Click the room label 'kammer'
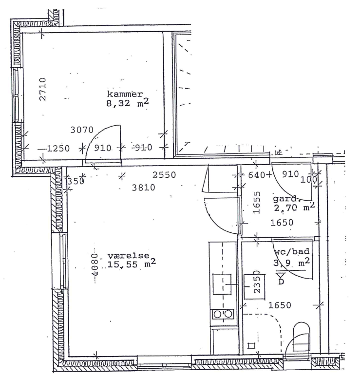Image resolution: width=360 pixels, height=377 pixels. point(125,94)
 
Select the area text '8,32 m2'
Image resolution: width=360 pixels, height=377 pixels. point(128,103)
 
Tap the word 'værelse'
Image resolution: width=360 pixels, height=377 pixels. point(129,255)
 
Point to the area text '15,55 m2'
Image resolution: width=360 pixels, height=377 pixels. point(132,264)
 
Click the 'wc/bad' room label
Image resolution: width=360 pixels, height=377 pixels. point(292,251)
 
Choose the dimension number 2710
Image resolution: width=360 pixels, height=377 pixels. point(42,89)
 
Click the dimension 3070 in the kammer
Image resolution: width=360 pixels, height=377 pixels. point(82,130)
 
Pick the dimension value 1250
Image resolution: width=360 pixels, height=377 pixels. point(58,149)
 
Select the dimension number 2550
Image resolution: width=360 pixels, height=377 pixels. point(164,175)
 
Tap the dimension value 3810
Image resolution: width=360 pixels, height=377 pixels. point(144,188)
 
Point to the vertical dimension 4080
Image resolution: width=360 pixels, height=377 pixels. point(95,264)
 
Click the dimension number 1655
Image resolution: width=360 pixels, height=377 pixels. point(257,203)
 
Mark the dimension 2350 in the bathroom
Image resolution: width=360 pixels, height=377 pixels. point(257,282)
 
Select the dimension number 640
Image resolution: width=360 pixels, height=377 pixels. point(257,175)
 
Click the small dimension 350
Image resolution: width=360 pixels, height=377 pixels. point(76,181)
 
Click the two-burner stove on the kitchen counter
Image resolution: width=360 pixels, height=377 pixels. point(223,314)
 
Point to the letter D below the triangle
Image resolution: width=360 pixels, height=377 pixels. point(281,282)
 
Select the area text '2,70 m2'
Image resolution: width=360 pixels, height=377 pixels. point(294,207)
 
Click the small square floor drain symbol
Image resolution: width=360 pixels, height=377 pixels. point(251,346)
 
